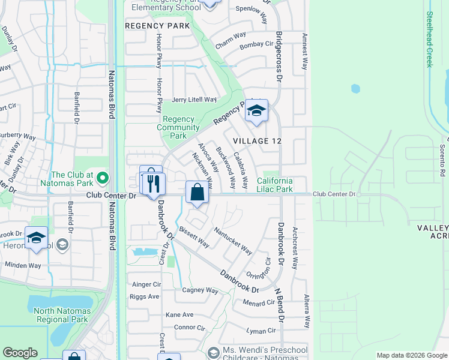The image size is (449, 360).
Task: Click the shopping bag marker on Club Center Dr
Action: pos(197,193)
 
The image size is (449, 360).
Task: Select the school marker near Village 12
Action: pos(256,111)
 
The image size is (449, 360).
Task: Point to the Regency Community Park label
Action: pos(178,127)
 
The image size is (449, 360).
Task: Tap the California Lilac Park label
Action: pos(275,185)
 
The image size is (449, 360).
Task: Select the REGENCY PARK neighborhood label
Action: pos(157,26)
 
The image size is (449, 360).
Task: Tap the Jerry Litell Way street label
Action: pos(194,100)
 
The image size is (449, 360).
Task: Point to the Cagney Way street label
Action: pos(200,290)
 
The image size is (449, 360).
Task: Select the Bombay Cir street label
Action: pos(256,45)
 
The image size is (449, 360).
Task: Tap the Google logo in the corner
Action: pos(20,353)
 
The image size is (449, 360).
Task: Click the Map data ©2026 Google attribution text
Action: pos(411,355)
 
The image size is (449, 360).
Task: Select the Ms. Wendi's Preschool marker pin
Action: pos(211,352)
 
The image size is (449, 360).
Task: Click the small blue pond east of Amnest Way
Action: pos(355,89)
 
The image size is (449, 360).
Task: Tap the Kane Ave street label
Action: pos(179,314)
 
